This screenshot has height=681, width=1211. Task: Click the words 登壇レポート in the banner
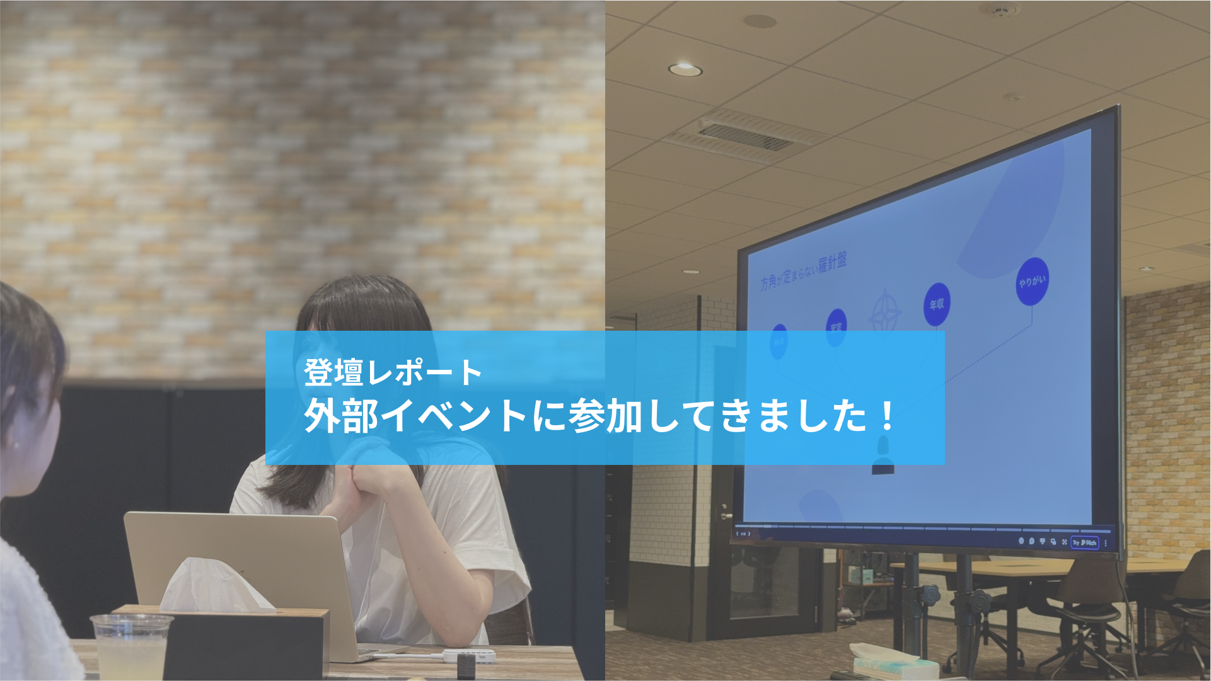point(393,372)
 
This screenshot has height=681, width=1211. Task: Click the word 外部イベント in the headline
point(416,416)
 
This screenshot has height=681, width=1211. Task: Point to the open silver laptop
point(240,567)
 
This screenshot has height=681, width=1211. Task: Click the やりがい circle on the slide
point(1032,282)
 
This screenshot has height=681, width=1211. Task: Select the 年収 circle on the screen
point(937,304)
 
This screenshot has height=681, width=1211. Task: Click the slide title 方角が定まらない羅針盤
point(803,271)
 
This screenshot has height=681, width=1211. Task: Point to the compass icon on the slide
point(884,312)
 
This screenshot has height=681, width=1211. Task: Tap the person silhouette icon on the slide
point(883,457)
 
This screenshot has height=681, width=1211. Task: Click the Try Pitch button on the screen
point(1085,542)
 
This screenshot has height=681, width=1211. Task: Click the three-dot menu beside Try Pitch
point(1106,543)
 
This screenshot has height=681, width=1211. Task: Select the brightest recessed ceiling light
point(685,69)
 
